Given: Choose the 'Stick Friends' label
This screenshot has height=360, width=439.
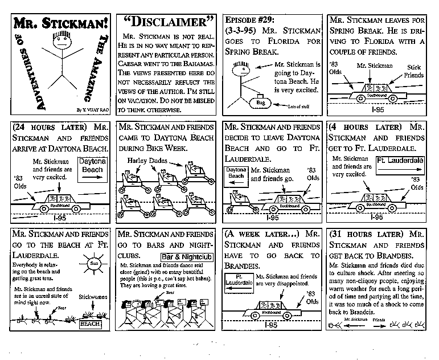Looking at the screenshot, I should tap(415, 71).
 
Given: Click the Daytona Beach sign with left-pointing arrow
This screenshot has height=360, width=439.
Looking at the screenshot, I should tap(236, 173).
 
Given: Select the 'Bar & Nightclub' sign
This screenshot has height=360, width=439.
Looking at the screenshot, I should tap(186, 257).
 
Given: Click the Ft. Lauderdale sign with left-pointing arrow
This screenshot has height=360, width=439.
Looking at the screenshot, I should tap(238, 283).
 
